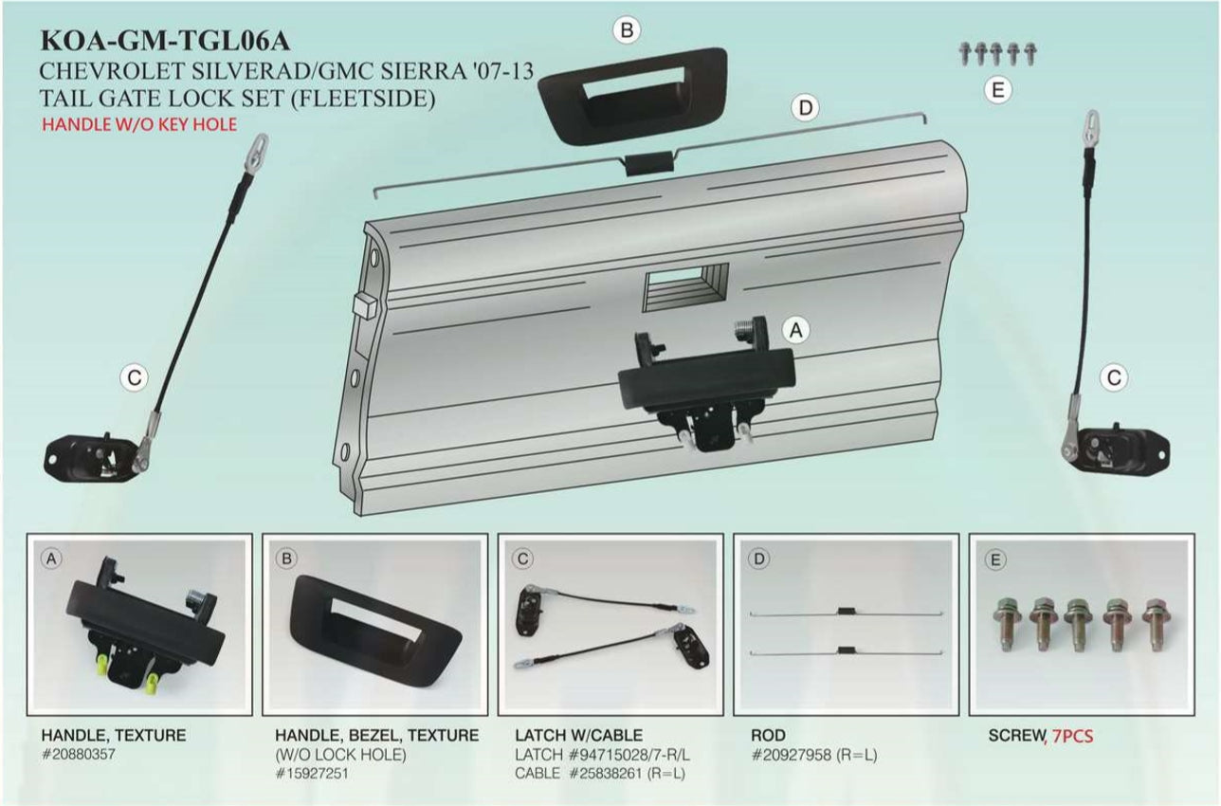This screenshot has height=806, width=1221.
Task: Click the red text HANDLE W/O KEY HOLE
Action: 138,124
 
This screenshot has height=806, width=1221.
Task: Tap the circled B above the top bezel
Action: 626,30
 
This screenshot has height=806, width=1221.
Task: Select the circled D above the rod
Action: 805,108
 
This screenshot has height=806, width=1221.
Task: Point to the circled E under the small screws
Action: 996,90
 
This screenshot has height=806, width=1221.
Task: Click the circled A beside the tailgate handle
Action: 796,329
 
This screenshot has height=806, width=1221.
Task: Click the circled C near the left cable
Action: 135,377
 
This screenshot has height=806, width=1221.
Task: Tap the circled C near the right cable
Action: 1115,377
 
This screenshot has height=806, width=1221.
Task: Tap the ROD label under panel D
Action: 768,735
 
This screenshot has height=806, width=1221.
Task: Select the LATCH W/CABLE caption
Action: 578,735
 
